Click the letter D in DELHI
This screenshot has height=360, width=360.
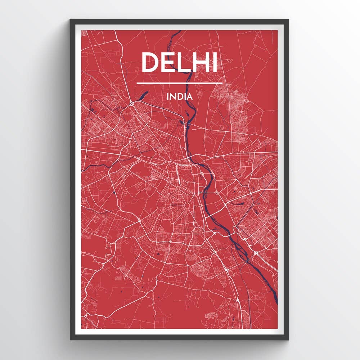pyautogui.click(x=150, y=62)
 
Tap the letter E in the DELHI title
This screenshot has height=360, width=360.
pyautogui.click(x=167, y=62)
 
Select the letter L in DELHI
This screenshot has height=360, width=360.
pyautogui.click(x=183, y=62)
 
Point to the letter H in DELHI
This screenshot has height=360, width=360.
pyautogui.click(x=199, y=62)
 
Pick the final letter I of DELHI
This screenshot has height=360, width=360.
pyautogui.click(x=214, y=62)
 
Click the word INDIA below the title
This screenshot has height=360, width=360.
pyautogui.click(x=179, y=96)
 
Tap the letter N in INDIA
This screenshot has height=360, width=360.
pyautogui.click(x=173, y=96)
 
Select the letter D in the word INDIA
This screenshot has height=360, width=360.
pyautogui.click(x=179, y=96)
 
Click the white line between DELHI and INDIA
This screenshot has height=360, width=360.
pyautogui.click(x=179, y=83)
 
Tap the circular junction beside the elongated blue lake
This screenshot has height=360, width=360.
pyautogui.click(x=132, y=104)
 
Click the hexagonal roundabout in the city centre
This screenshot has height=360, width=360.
pyautogui.click(x=188, y=205)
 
